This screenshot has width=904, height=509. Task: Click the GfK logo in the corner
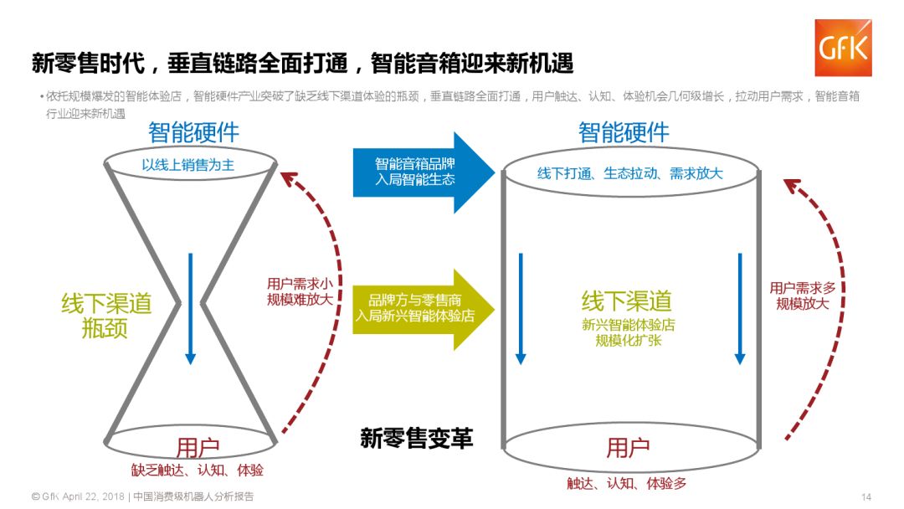point(843,47)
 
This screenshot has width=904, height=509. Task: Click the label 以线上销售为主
point(188,166)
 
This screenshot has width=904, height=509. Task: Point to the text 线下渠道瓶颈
point(105,315)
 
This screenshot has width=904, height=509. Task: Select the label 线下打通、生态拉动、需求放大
point(629,173)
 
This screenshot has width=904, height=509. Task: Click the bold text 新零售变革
point(417,438)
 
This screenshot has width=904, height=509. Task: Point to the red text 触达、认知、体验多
point(627,483)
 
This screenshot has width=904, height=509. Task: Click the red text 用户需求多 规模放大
point(803,296)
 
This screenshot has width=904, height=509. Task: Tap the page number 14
point(866,496)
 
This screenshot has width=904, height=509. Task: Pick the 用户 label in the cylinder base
point(628,447)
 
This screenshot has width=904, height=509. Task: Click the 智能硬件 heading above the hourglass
point(193,132)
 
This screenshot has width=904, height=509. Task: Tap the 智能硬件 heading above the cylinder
point(624,132)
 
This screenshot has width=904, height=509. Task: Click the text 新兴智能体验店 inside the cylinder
point(629,326)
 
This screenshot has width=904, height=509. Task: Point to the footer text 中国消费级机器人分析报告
point(193,496)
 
